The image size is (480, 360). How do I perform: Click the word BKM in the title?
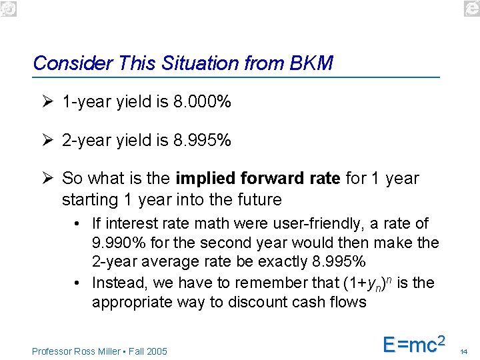point(311,63)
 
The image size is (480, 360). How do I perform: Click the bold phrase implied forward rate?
point(258,179)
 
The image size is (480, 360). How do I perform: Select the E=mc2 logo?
point(413,345)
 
